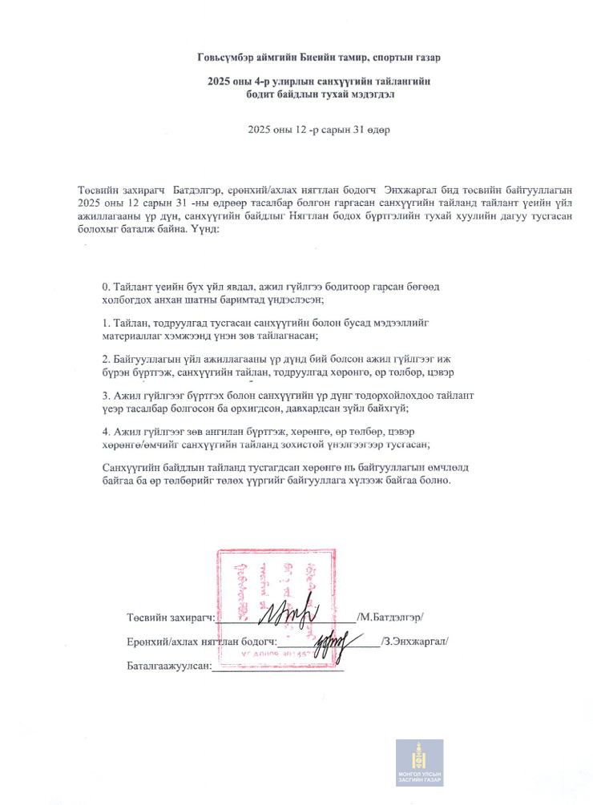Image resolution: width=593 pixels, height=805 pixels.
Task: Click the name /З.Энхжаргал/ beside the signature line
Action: pyautogui.click(x=414, y=641)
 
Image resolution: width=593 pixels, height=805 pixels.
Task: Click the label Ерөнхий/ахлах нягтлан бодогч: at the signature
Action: pyautogui.click(x=201, y=641)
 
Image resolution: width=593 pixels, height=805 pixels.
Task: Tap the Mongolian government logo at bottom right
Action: pyautogui.click(x=419, y=762)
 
